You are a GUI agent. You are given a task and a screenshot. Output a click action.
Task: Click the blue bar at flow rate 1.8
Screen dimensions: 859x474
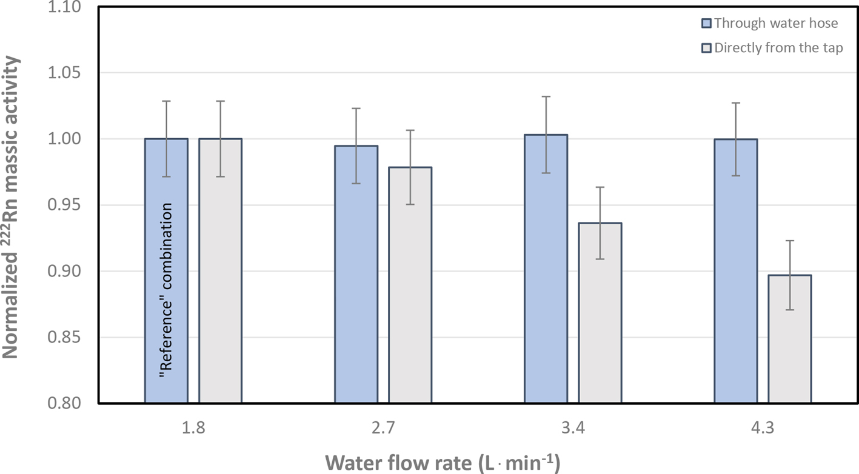(167, 270)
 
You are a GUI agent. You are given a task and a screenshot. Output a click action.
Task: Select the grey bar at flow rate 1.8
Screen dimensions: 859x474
(220, 270)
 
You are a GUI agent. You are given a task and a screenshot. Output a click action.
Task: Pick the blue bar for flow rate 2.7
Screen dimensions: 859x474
(356, 274)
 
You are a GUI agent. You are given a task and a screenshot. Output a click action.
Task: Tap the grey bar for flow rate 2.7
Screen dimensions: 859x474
(410, 285)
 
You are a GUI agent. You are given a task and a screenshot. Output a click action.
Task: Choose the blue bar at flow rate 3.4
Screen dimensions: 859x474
(546, 269)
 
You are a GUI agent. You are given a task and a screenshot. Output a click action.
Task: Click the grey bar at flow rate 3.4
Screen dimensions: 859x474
(600, 313)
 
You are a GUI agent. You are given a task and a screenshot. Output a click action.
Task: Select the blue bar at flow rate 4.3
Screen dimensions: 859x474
(736, 271)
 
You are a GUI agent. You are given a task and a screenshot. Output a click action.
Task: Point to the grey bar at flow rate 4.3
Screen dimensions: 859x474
(790, 339)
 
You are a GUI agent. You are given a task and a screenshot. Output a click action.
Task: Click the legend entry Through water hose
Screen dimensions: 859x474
(770, 24)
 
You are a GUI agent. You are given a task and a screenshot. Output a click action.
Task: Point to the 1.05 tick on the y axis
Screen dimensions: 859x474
(64, 73)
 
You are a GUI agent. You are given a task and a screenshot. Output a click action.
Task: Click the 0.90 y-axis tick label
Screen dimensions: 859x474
(64, 271)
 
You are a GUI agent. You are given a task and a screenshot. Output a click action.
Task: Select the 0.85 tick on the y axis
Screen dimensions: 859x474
(64, 338)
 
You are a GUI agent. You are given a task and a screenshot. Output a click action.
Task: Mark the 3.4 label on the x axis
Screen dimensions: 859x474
(573, 427)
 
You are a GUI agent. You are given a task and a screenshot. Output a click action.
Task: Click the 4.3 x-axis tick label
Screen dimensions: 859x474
(763, 427)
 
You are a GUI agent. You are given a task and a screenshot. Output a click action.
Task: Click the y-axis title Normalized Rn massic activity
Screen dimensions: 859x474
(10, 207)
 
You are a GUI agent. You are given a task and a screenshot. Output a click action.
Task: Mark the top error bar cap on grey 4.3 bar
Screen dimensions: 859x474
(790, 241)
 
